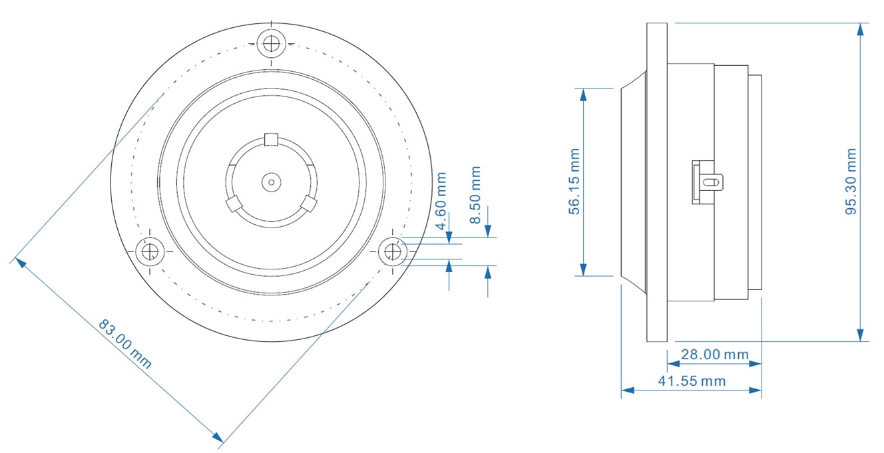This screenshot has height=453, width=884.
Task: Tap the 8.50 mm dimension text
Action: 475,196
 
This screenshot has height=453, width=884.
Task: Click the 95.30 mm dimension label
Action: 851,182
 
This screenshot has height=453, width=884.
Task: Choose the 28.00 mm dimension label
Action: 714,355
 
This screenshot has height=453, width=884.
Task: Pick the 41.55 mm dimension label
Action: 692,381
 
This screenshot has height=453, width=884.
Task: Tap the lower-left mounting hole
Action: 150,252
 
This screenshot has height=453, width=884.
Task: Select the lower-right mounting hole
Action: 393,252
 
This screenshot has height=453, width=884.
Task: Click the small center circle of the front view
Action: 271,181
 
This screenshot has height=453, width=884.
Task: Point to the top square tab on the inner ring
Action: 271,139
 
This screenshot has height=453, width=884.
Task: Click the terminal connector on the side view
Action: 707,181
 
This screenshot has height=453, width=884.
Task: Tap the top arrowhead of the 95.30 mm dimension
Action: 861,29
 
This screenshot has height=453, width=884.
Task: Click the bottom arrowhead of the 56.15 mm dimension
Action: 583,269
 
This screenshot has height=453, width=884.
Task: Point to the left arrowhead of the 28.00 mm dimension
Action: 673,364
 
